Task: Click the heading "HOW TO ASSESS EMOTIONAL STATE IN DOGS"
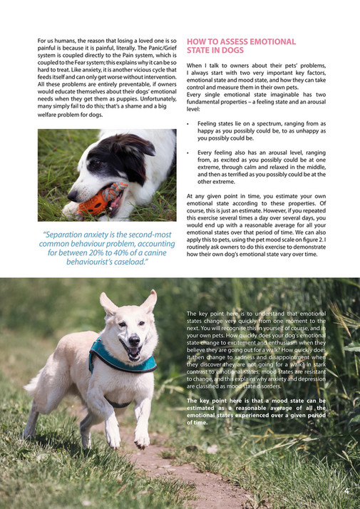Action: (x=240, y=46)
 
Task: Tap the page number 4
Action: (x=346, y=490)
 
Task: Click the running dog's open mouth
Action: (x=132, y=349)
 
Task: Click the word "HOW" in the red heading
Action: (x=196, y=41)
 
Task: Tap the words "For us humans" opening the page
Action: (x=57, y=41)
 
